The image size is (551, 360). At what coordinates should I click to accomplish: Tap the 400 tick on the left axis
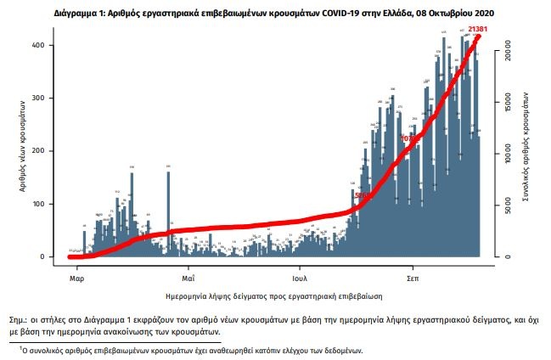(49, 45)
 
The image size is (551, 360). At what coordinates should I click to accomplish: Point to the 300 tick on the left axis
(49, 98)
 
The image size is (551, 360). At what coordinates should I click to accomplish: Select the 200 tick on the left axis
(49, 151)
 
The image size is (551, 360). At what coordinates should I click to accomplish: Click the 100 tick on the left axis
(49, 204)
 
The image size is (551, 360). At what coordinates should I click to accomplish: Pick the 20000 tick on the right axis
(504, 53)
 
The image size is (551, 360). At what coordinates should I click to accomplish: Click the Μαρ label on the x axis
(76, 277)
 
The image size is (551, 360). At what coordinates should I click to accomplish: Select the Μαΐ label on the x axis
(188, 277)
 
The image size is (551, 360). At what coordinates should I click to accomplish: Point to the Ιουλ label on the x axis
(300, 277)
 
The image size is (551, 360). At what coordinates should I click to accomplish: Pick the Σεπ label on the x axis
(413, 277)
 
